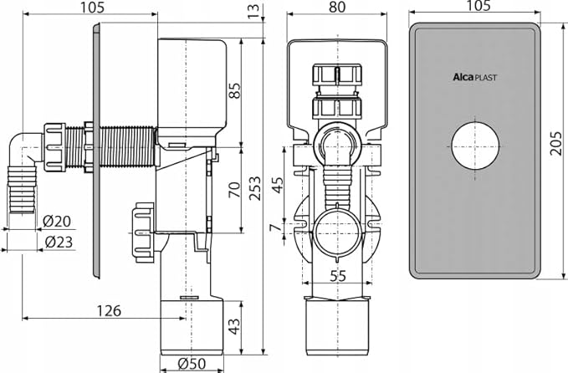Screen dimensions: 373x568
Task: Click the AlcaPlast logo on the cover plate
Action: [x=475, y=77]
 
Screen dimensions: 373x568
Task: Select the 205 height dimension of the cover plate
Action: [x=556, y=149]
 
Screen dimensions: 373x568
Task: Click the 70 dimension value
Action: [x=234, y=189]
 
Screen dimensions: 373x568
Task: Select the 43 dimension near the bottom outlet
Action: [x=234, y=324]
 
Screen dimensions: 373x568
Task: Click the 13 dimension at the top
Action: [x=253, y=10]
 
